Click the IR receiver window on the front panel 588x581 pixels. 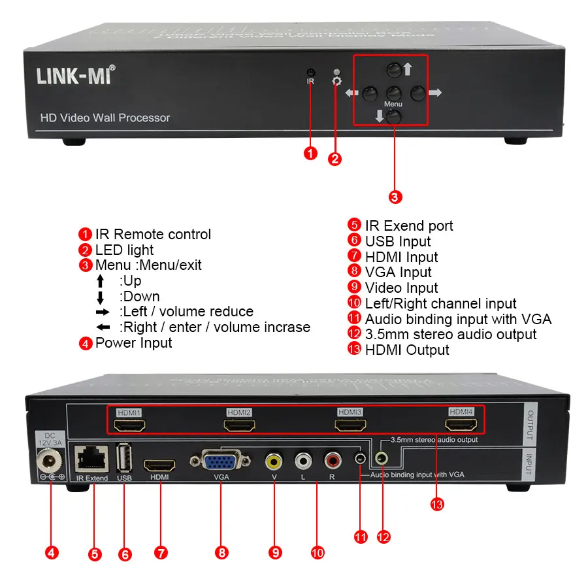311,72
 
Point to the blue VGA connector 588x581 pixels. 221,463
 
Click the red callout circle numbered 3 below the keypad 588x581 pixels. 395,195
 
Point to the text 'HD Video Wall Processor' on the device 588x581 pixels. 105,118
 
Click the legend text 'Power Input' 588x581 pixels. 133,342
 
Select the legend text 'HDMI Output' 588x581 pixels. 406,350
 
